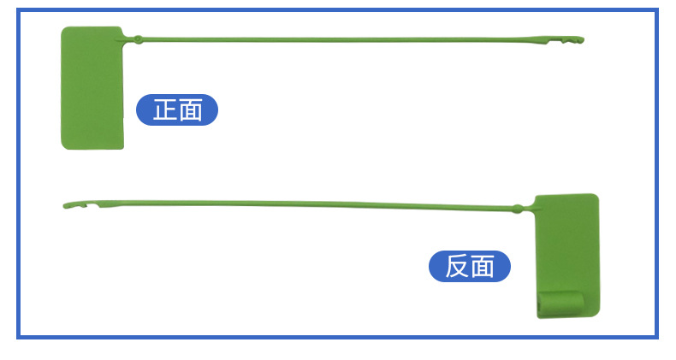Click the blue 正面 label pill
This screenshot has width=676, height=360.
(x=177, y=109)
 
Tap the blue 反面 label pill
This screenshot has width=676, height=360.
(x=469, y=266)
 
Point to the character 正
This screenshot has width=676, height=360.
(x=164, y=109)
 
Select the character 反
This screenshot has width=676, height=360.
(x=457, y=266)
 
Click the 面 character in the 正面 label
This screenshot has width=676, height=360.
(x=190, y=109)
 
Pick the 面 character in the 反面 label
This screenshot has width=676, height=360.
(x=483, y=266)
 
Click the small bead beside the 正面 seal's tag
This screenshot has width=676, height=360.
(x=138, y=38)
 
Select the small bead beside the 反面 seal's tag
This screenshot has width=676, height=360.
(x=517, y=207)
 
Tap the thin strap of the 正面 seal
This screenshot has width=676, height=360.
(x=342, y=39)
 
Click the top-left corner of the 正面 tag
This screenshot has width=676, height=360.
(x=63, y=29)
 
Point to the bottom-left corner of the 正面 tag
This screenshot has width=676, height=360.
(x=63, y=146)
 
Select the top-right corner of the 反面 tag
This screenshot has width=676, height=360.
(x=596, y=197)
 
